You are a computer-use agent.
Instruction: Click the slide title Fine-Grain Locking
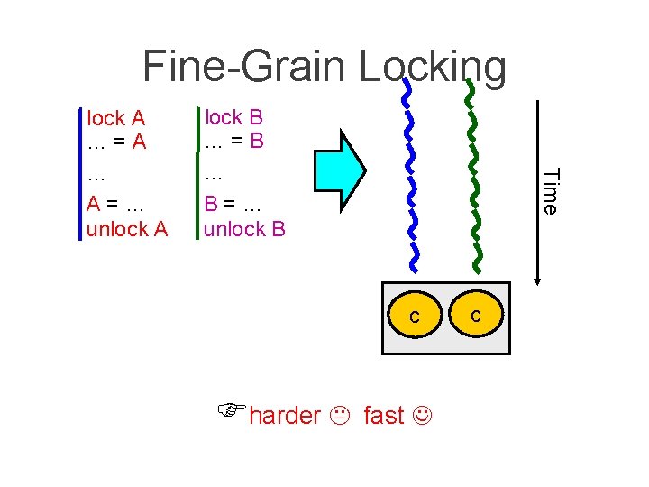[x=324, y=67]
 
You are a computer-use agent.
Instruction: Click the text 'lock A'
[x=116, y=118]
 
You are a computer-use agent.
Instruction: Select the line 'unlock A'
[x=127, y=229]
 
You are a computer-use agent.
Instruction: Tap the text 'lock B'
[x=233, y=117]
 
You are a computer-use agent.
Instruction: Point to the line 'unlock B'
[x=244, y=229]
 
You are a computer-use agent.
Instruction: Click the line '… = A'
[x=116, y=142]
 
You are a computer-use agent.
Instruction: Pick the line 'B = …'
[x=233, y=204]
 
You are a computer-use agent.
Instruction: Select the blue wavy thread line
[x=411, y=180]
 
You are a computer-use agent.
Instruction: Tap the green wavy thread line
[x=473, y=180]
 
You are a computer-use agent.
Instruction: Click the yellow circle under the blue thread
[x=414, y=317]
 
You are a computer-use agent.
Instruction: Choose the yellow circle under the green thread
[x=475, y=316]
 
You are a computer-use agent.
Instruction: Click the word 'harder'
[x=284, y=416]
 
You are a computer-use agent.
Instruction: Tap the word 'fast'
[x=384, y=416]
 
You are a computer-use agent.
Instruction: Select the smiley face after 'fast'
[x=421, y=417]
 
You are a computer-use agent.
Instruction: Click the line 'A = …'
[x=116, y=204]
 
